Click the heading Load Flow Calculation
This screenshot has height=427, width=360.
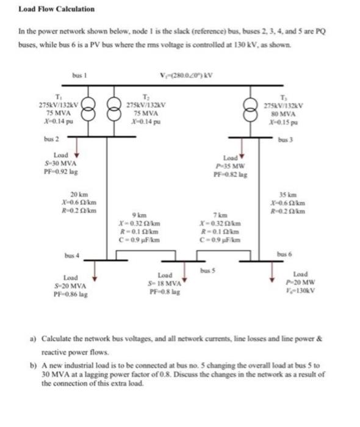point(56,9)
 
